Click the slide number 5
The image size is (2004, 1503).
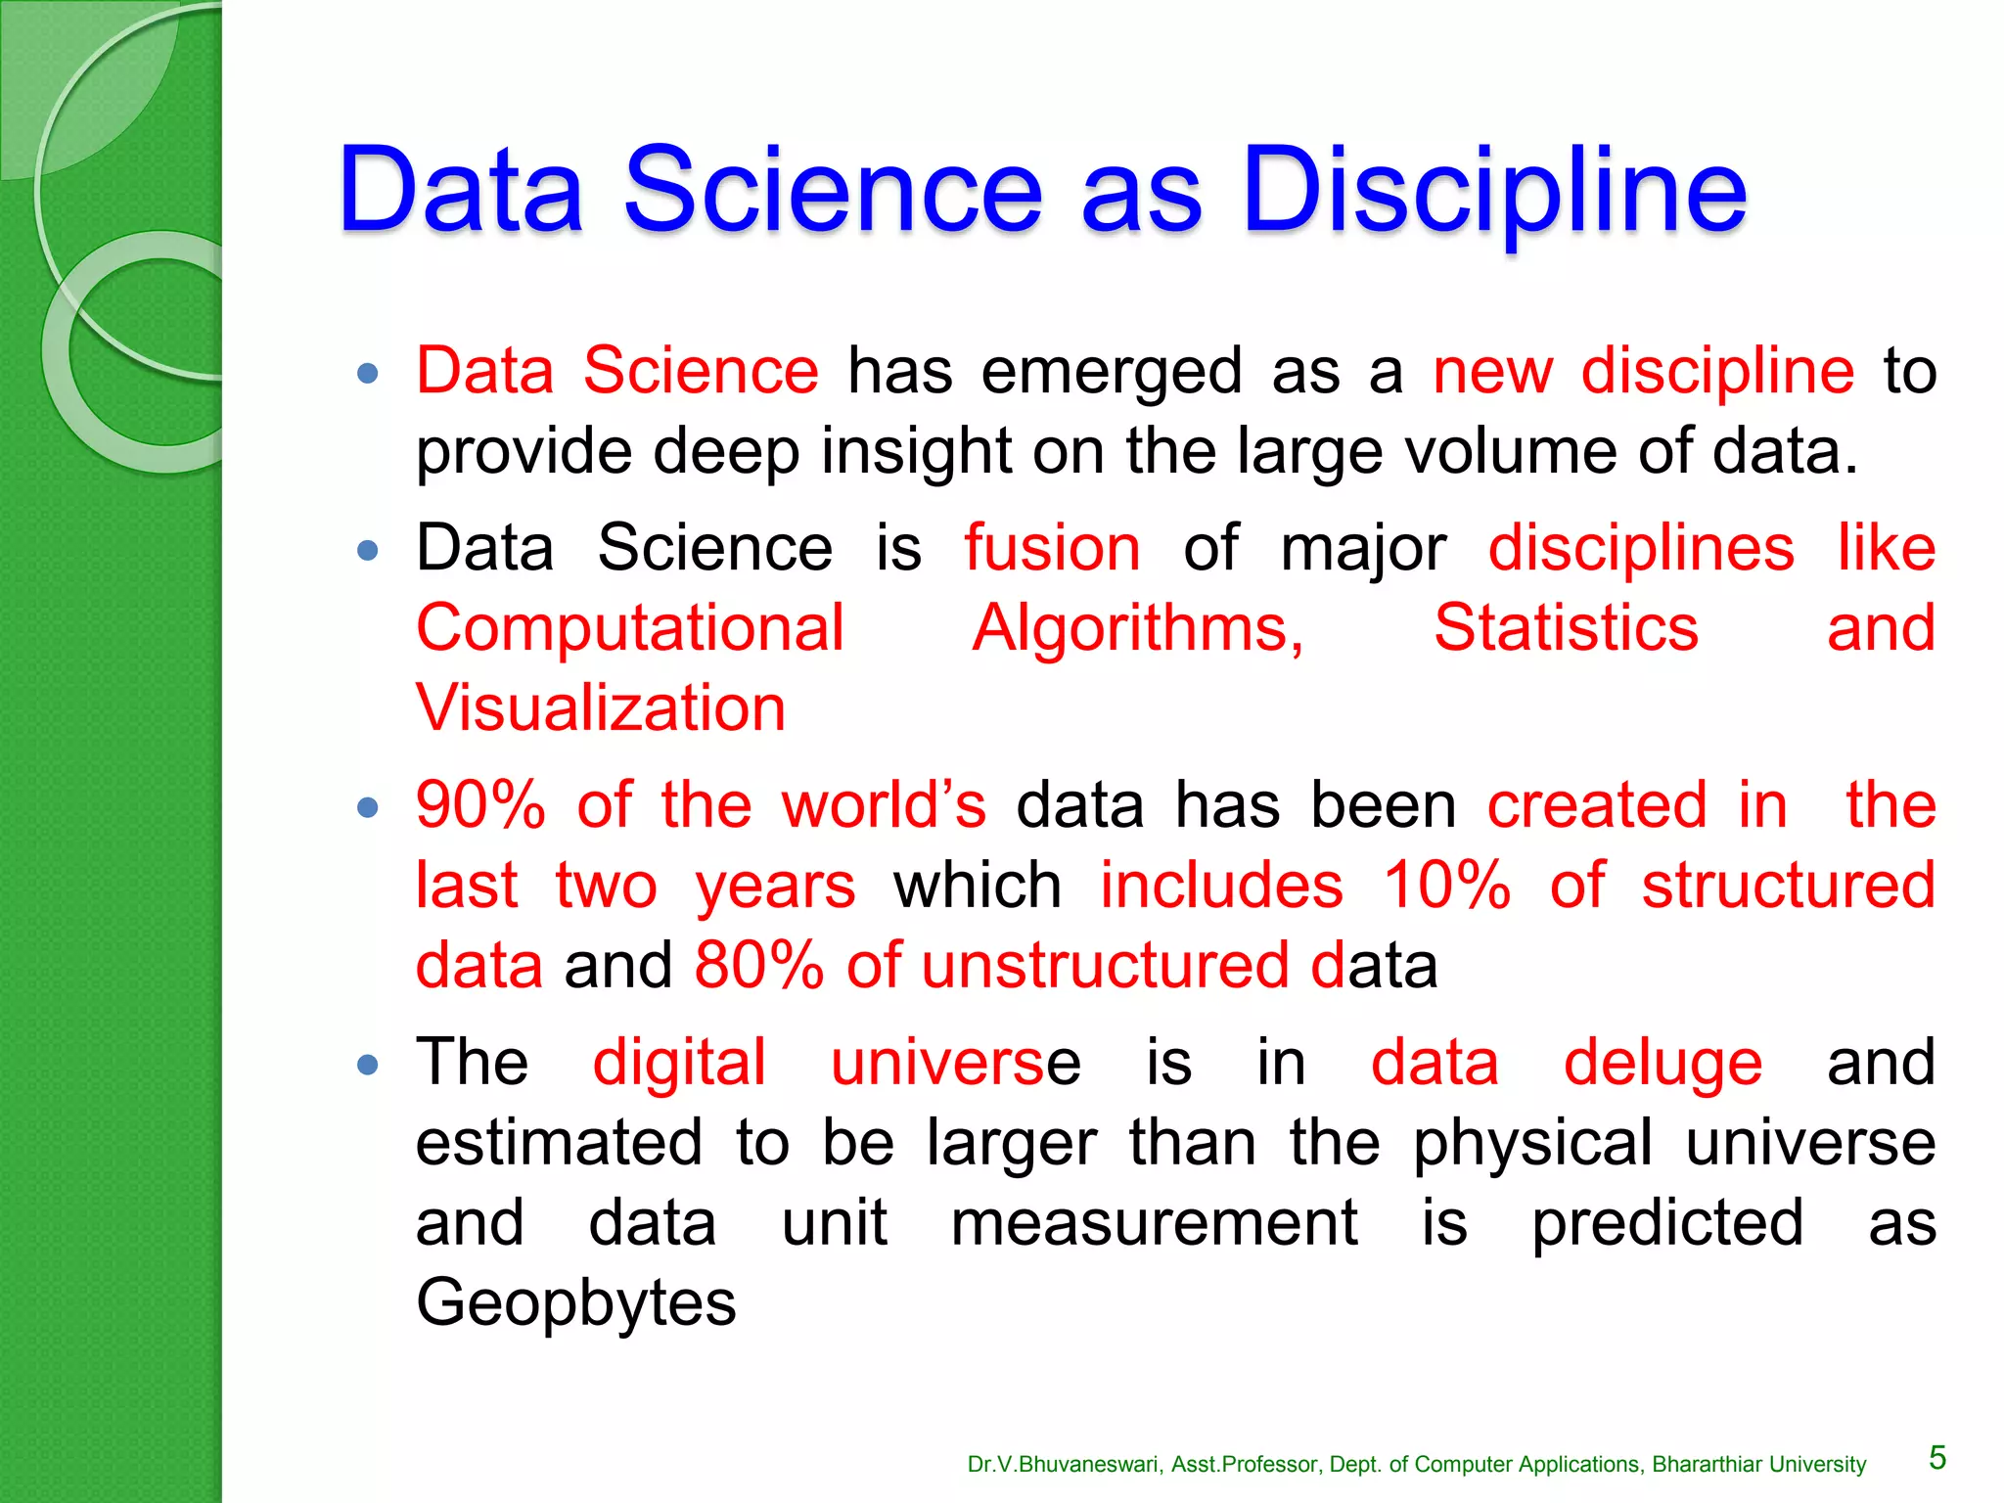[x=1937, y=1458]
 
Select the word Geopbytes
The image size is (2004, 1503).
[x=575, y=1303]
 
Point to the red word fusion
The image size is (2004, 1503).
[x=1052, y=548]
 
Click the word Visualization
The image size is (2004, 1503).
[x=601, y=708]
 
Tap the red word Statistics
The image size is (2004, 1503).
[x=1566, y=628]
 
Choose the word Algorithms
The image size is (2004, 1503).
[x=1137, y=628]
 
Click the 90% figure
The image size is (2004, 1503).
[x=480, y=806]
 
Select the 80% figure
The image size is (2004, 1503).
[x=759, y=966]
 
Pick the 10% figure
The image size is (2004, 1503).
[x=1446, y=886]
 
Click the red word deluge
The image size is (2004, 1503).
[x=1662, y=1064]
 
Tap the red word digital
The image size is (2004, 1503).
[x=679, y=1064]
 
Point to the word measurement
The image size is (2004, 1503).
[x=1155, y=1223]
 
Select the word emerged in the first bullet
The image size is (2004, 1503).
[x=1112, y=372]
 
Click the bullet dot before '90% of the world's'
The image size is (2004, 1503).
[x=368, y=807]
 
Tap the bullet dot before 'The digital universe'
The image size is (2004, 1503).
[x=368, y=1065]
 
